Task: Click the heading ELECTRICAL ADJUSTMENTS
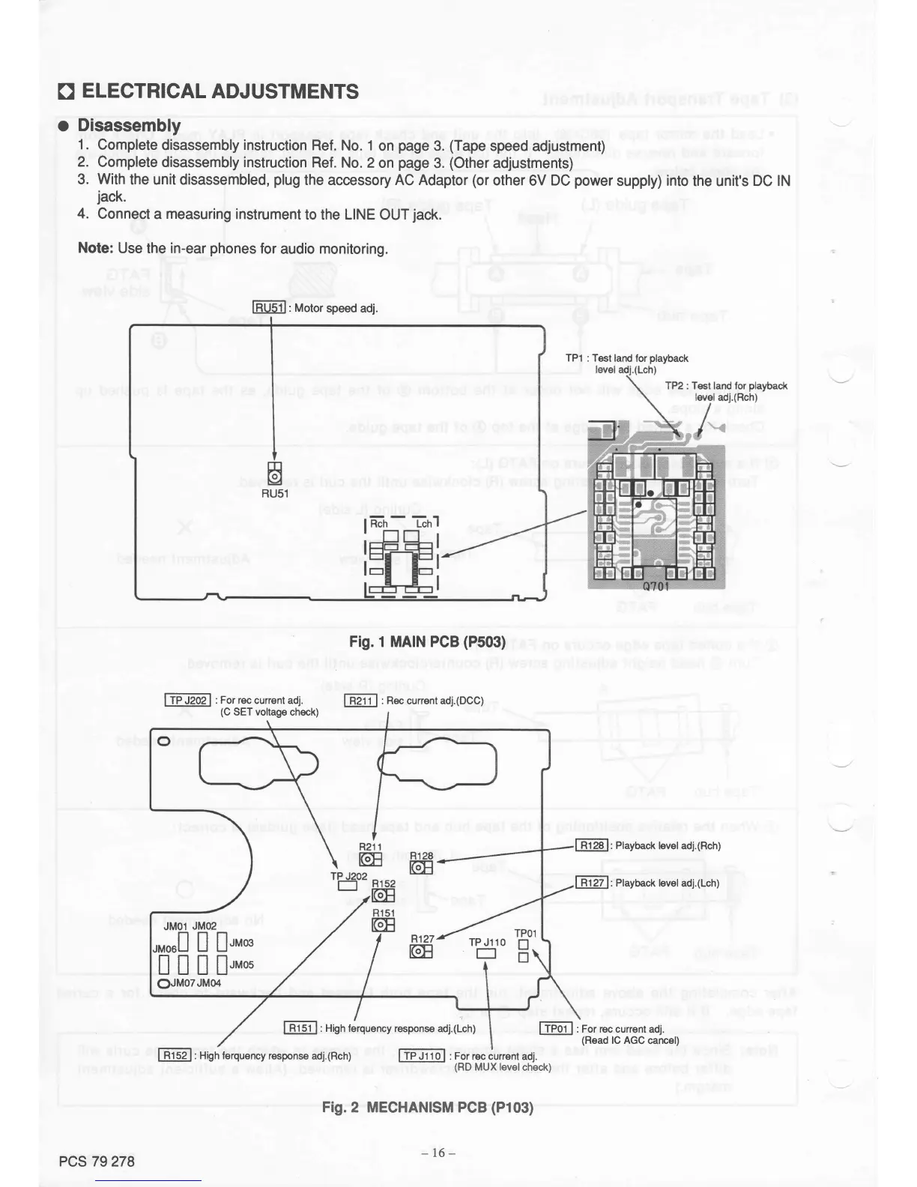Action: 219,92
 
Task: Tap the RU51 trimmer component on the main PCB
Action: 275,475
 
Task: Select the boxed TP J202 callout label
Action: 187,700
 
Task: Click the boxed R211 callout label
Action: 360,701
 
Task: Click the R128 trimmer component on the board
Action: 421,867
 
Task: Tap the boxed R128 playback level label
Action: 592,845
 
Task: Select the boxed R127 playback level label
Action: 592,883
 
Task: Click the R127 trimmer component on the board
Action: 421,952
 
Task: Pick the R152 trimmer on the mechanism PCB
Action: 383,896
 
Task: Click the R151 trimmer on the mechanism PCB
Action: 383,925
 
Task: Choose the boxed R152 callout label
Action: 175,1055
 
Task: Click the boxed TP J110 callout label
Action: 423,1056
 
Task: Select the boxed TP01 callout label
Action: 557,1029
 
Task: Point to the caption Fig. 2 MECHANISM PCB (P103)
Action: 427,1107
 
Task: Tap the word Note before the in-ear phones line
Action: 95,248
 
